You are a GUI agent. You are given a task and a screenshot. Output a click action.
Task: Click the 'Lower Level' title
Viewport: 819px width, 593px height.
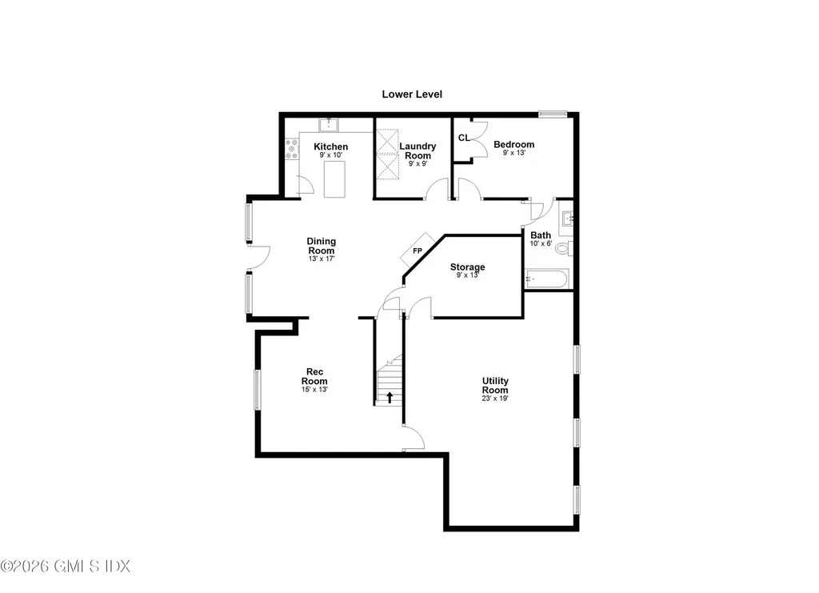411,94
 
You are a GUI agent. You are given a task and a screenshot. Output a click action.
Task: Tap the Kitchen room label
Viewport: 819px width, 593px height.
330,146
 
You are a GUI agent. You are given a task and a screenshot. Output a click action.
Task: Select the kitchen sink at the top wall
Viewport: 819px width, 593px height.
328,124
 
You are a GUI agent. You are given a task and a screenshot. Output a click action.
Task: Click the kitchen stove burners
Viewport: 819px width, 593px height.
291,150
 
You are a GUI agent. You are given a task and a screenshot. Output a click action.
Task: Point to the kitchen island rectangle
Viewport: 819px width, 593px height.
334,178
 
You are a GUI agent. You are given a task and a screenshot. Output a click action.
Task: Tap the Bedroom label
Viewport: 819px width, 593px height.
513,145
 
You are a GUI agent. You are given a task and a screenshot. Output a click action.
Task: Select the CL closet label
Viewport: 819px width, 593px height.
464,138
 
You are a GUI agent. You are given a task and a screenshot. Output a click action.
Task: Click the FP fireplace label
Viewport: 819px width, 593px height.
417,251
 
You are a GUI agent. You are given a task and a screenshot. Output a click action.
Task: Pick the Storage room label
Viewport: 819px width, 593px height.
467,267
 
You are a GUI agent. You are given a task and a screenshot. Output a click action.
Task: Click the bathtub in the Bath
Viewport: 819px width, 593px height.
547,279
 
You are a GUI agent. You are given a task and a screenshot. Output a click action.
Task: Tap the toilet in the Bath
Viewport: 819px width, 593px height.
564,249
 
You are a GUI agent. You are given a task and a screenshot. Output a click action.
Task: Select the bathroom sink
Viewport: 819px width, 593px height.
566,218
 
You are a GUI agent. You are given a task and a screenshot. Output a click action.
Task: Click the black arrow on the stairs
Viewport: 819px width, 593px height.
390,396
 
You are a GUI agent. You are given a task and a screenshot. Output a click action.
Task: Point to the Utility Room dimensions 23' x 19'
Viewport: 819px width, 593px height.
495,399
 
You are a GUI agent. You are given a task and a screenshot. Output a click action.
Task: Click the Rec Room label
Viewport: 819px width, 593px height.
314,376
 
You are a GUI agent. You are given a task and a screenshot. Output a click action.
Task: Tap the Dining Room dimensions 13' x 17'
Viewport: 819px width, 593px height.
322,259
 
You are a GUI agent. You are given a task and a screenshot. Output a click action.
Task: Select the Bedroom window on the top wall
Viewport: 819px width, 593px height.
552,114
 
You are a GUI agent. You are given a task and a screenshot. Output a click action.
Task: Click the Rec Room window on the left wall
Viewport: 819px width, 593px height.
258,390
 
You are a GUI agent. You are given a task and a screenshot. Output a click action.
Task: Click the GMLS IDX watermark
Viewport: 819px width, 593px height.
65,566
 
